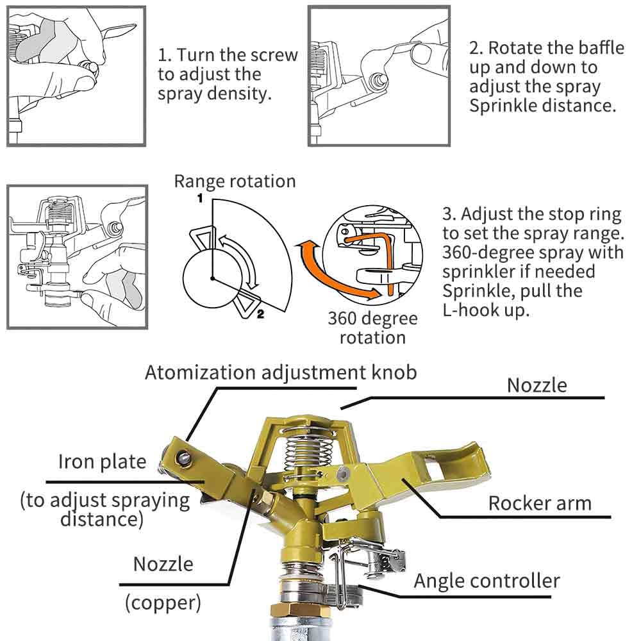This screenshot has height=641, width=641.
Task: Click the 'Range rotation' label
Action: (x=235, y=181)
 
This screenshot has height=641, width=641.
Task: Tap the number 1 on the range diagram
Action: (x=200, y=198)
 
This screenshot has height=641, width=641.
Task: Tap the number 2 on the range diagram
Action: (x=260, y=314)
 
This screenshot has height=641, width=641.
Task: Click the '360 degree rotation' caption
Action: (x=372, y=328)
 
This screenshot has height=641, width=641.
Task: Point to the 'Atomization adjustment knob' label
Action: (x=281, y=372)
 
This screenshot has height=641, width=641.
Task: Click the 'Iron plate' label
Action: (x=102, y=462)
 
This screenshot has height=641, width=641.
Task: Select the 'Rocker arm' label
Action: (x=540, y=503)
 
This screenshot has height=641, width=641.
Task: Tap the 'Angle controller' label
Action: (x=487, y=581)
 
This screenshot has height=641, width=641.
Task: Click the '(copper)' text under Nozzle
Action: (x=163, y=603)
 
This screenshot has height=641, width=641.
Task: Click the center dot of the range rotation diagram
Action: (x=213, y=278)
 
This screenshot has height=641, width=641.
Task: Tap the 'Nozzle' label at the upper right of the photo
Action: (x=537, y=385)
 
